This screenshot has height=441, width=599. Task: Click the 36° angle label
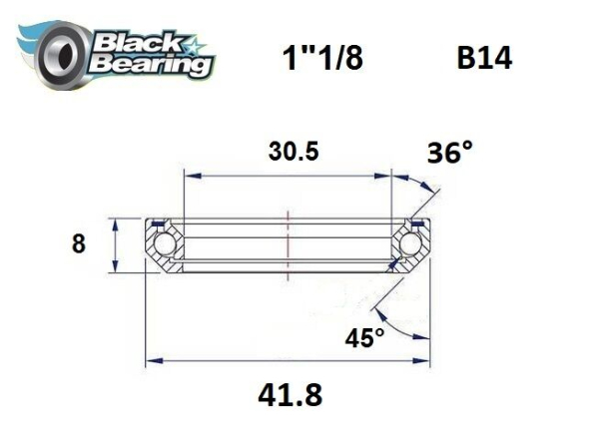449,153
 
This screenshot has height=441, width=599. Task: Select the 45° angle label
365,338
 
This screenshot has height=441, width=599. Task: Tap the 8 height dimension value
79,243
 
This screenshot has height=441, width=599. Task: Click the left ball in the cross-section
163,244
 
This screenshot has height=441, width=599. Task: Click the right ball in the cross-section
408,244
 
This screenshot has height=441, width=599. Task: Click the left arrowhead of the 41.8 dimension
153,359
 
